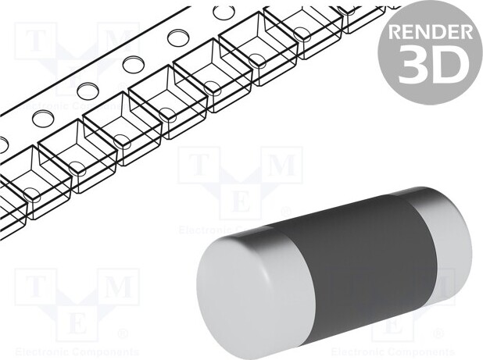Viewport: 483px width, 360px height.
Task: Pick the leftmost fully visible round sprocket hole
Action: pyautogui.click(x=41, y=117)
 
